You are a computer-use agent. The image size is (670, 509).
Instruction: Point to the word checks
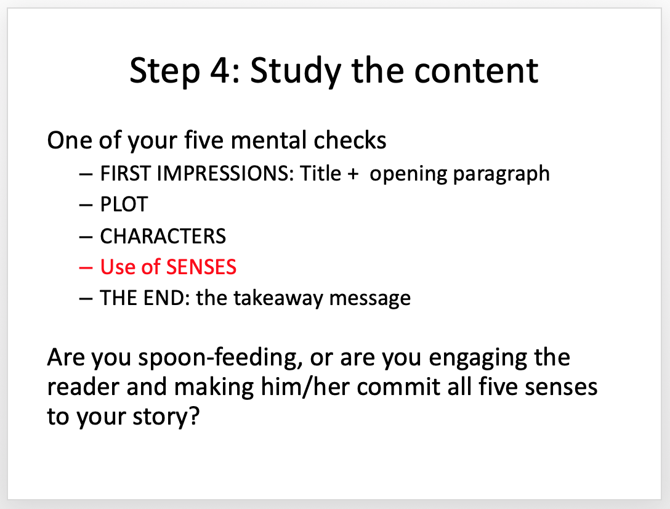tap(350, 140)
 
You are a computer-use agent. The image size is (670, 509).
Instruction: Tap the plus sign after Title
tap(353, 174)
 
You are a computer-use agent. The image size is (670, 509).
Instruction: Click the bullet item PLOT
tap(124, 205)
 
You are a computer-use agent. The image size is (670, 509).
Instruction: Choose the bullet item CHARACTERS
tap(163, 236)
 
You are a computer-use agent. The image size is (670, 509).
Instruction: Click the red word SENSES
tap(201, 267)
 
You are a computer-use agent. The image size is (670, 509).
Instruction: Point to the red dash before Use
tap(86, 268)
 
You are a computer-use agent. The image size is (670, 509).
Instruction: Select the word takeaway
tap(278, 298)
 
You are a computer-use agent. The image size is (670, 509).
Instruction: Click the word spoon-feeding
tap(220, 358)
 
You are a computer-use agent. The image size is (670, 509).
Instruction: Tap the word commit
tap(398, 386)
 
